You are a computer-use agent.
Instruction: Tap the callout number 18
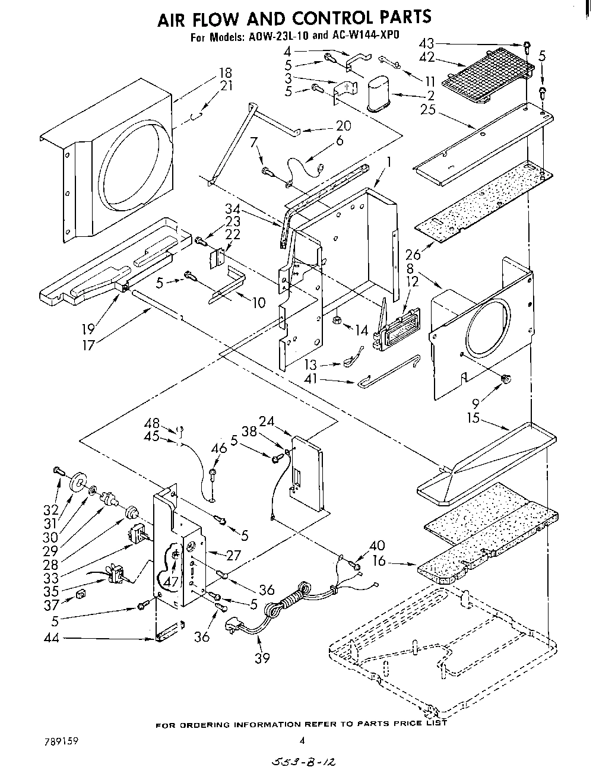click(x=225, y=73)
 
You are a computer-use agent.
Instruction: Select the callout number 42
click(x=427, y=57)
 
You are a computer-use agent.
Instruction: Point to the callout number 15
click(x=473, y=417)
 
